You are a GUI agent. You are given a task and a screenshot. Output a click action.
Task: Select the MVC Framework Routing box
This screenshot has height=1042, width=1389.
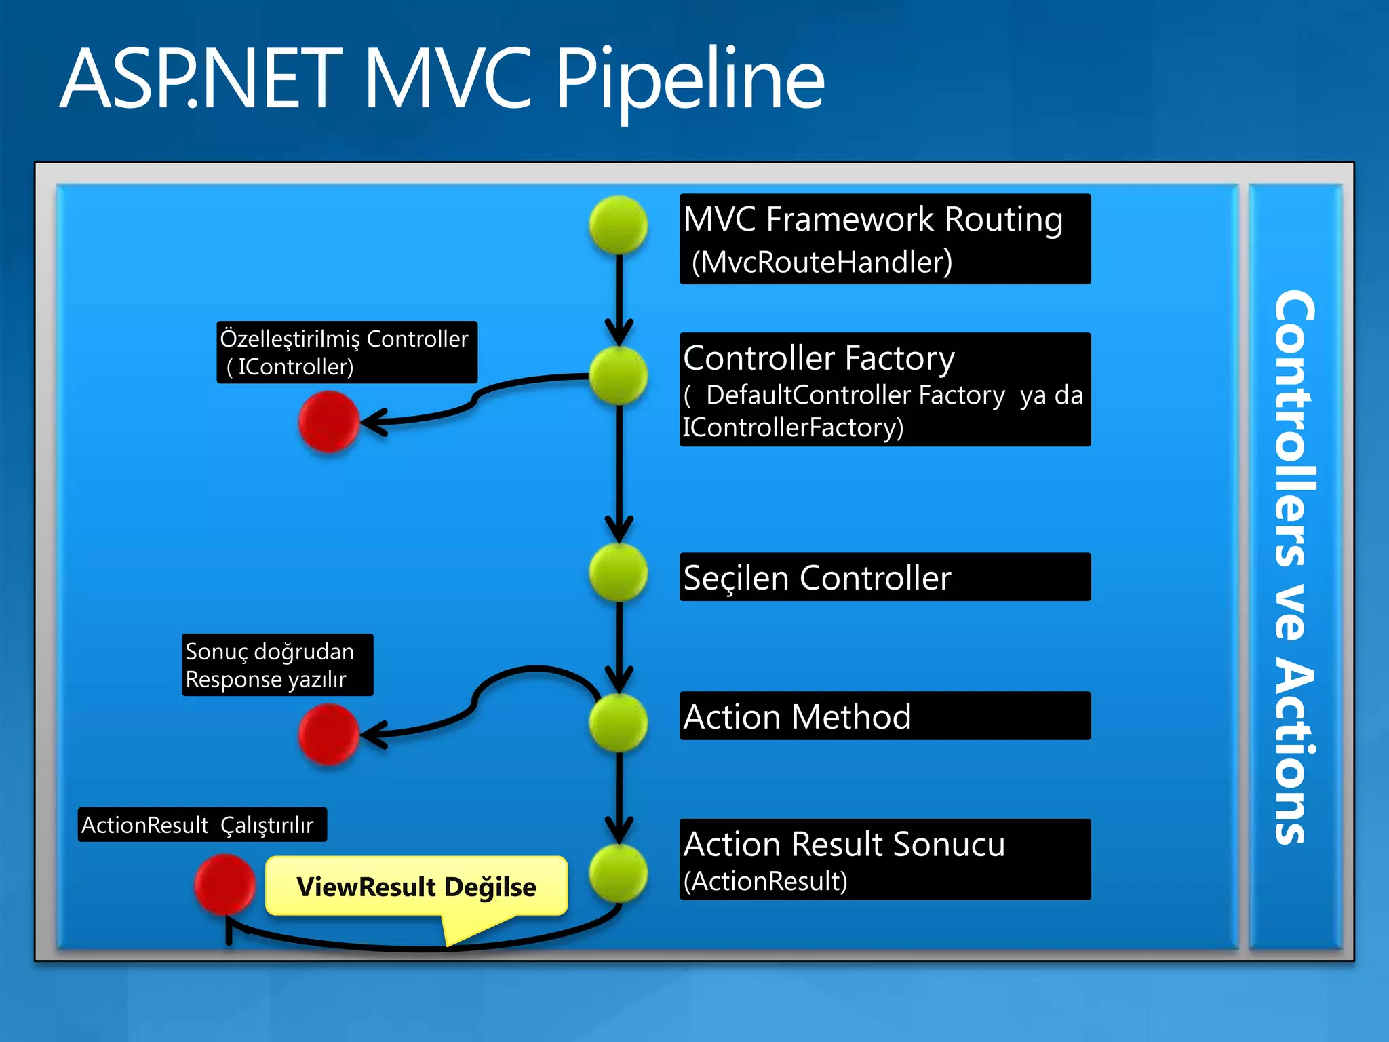(884, 238)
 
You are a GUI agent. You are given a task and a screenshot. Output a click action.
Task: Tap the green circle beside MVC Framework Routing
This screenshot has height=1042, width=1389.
(618, 225)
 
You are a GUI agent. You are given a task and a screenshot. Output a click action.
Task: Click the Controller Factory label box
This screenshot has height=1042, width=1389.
(884, 389)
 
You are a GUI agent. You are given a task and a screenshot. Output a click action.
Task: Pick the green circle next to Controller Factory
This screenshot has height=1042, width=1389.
(618, 375)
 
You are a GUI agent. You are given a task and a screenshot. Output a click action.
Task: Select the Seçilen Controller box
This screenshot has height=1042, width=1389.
(884, 577)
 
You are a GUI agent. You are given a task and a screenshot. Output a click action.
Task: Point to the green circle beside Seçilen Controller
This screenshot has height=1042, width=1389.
(618, 572)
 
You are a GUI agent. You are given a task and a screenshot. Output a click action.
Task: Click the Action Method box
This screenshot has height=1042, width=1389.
(884, 716)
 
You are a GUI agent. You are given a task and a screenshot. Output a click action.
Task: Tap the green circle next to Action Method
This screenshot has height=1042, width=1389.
(618, 722)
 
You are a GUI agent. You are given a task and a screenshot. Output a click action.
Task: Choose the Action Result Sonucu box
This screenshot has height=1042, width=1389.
(884, 859)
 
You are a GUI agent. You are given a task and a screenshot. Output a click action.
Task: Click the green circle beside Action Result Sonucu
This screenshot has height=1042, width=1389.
(618, 872)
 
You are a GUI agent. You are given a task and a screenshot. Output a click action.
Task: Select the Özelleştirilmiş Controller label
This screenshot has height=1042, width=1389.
(347, 352)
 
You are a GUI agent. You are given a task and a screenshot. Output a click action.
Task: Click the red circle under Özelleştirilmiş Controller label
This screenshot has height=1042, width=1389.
(328, 421)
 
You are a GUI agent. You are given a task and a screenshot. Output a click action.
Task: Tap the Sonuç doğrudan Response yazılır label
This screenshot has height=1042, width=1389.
(277, 665)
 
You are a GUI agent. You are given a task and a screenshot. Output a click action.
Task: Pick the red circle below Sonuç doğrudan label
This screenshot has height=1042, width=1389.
(328, 734)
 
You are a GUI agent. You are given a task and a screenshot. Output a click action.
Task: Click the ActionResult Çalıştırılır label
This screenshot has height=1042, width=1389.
(202, 824)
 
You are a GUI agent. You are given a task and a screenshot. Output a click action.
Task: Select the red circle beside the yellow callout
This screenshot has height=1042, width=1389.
(224, 884)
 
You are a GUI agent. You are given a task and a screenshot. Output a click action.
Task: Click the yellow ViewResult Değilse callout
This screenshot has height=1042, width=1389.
(416, 886)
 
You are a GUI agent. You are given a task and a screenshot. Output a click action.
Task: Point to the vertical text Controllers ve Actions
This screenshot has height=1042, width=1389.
(1293, 566)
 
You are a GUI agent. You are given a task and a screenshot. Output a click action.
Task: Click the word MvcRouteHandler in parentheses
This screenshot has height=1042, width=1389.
(821, 262)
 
